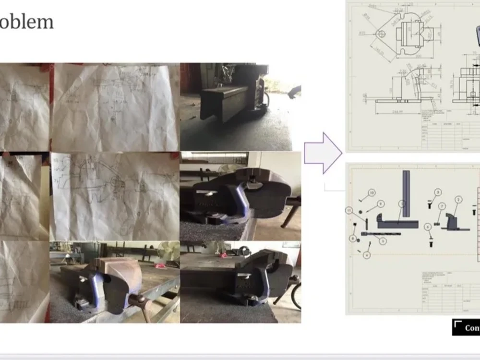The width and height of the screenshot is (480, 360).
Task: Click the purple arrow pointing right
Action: coord(323,153)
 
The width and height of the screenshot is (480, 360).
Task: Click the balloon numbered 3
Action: coord(437,192)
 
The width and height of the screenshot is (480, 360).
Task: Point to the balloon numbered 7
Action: coord(442,207)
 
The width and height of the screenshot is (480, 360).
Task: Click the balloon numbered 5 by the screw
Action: coord(383,241)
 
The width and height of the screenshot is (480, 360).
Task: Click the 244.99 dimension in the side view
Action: coord(396,111)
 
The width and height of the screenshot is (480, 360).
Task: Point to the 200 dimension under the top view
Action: coord(412,56)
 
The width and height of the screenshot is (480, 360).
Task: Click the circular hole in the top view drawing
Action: coord(381,34)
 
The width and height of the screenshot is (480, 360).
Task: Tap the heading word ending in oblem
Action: coord(26,22)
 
